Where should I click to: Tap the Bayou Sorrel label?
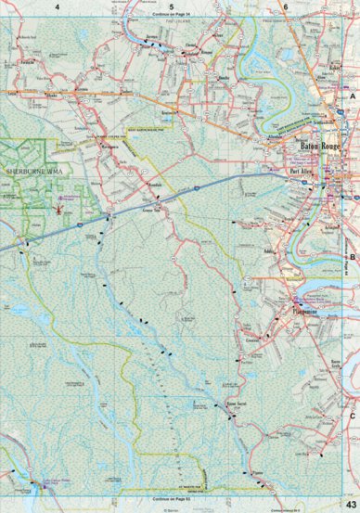click(x=240, y=404)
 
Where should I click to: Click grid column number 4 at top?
click(x=57, y=6)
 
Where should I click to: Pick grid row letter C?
click(x=354, y=417)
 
